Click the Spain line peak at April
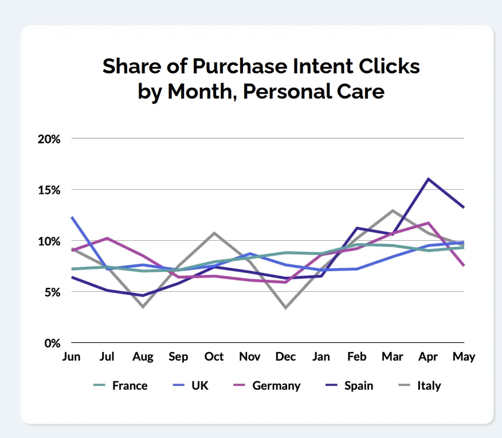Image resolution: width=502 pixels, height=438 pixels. [429, 179]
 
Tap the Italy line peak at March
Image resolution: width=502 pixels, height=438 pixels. [393, 210]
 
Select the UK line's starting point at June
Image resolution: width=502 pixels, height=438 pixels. [72, 217]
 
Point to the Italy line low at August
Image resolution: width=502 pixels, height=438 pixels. [143, 307]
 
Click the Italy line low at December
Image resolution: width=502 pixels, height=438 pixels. [285, 308]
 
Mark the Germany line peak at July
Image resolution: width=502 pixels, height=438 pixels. [107, 238]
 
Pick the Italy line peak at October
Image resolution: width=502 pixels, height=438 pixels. [214, 233]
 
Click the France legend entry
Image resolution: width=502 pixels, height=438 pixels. [120, 385]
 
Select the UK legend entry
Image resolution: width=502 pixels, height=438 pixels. [190, 385]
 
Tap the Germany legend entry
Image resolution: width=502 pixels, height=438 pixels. [267, 386]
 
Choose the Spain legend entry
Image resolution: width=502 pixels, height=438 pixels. [350, 386]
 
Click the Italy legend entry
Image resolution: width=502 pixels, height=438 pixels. [419, 386]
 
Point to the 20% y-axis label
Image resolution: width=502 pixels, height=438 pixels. [49, 139]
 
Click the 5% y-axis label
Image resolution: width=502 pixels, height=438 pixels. [53, 292]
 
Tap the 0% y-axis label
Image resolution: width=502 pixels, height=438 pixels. [53, 343]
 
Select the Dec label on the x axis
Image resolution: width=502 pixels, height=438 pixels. [285, 357]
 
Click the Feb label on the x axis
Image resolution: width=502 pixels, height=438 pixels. [356, 357]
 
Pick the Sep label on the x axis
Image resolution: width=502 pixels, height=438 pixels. [178, 357]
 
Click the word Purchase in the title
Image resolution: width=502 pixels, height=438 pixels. [240, 67]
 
